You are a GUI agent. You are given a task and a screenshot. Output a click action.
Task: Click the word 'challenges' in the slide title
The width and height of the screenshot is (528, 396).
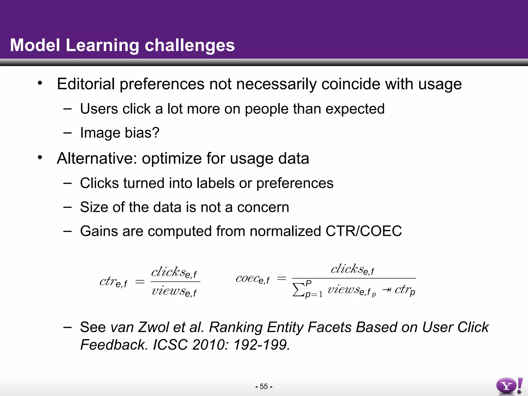click(x=189, y=45)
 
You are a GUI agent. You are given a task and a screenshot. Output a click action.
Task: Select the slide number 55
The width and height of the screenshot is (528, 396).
click(x=264, y=386)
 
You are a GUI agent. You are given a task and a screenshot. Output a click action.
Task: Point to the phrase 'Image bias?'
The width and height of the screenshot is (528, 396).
click(x=120, y=133)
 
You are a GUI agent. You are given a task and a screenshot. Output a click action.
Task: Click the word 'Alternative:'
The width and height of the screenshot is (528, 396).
click(x=97, y=158)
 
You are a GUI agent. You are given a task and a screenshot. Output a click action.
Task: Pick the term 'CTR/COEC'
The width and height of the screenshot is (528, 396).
click(x=364, y=231)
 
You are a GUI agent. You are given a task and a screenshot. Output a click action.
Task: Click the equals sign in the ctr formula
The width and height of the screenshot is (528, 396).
click(x=140, y=282)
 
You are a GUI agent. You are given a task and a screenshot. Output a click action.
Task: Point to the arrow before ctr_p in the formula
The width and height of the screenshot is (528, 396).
click(x=386, y=290)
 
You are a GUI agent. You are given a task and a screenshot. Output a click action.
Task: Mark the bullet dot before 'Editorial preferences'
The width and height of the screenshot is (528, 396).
click(x=40, y=83)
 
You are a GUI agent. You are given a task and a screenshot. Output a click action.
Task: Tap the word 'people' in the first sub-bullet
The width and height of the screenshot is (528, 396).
click(x=266, y=109)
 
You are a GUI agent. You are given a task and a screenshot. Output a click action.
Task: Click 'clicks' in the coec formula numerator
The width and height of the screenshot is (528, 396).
click(x=347, y=269)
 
